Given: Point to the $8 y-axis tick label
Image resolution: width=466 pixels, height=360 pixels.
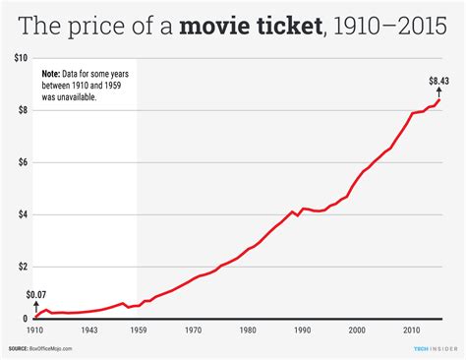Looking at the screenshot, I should pos(23,111).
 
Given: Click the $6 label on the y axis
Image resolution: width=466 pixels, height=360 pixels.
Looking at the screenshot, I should pos(23,163).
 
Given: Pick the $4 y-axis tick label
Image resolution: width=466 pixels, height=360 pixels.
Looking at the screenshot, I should pos(23,214).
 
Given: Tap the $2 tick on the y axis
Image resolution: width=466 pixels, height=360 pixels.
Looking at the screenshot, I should pos(23,267).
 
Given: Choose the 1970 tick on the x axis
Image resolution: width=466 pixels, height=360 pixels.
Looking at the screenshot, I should pos(195,330).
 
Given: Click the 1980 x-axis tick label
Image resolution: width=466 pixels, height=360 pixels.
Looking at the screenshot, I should pos(249,330).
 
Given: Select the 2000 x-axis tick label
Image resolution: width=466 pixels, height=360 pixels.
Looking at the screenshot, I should pos(358,330).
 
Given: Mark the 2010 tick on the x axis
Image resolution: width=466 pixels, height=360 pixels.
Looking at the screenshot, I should pos(412,330).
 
